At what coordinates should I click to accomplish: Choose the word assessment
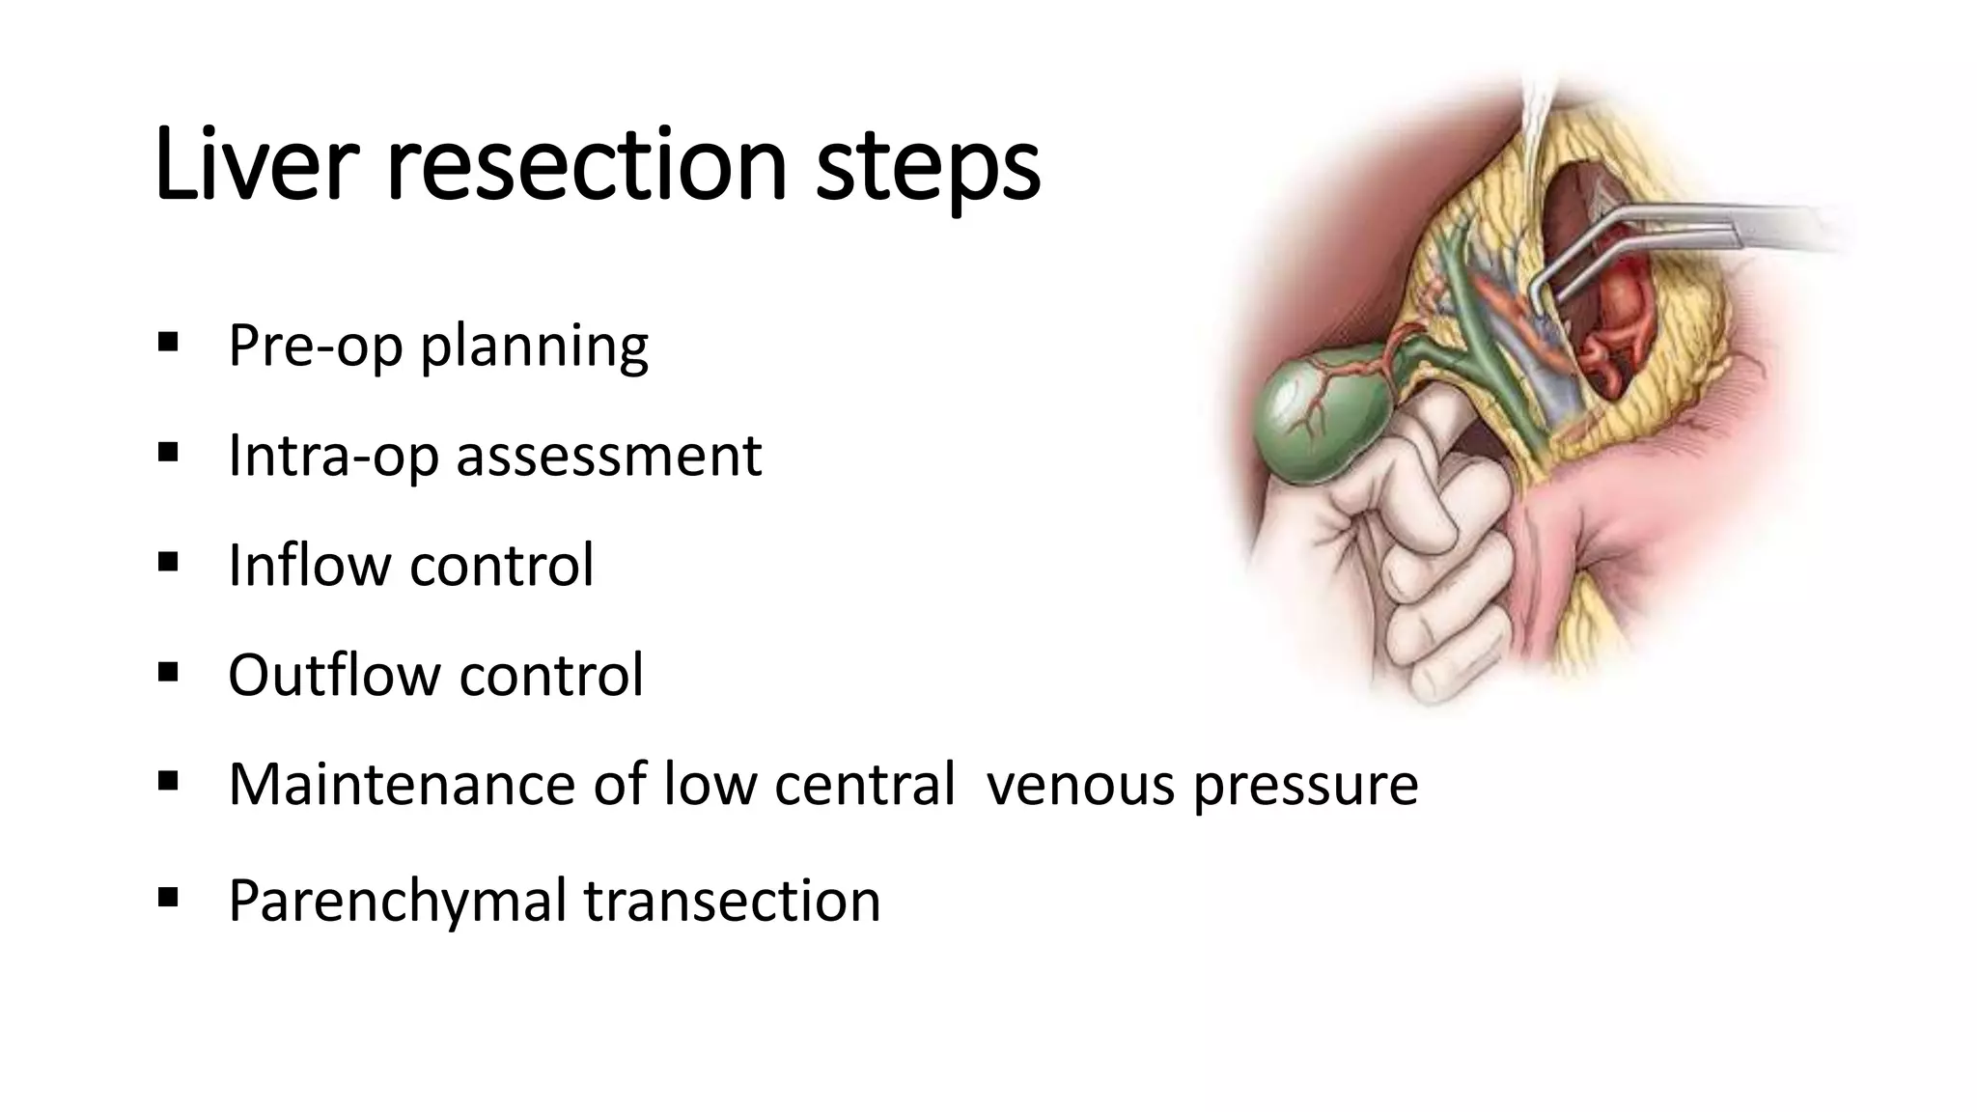(x=609, y=456)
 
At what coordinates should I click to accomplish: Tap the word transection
(x=732, y=900)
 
